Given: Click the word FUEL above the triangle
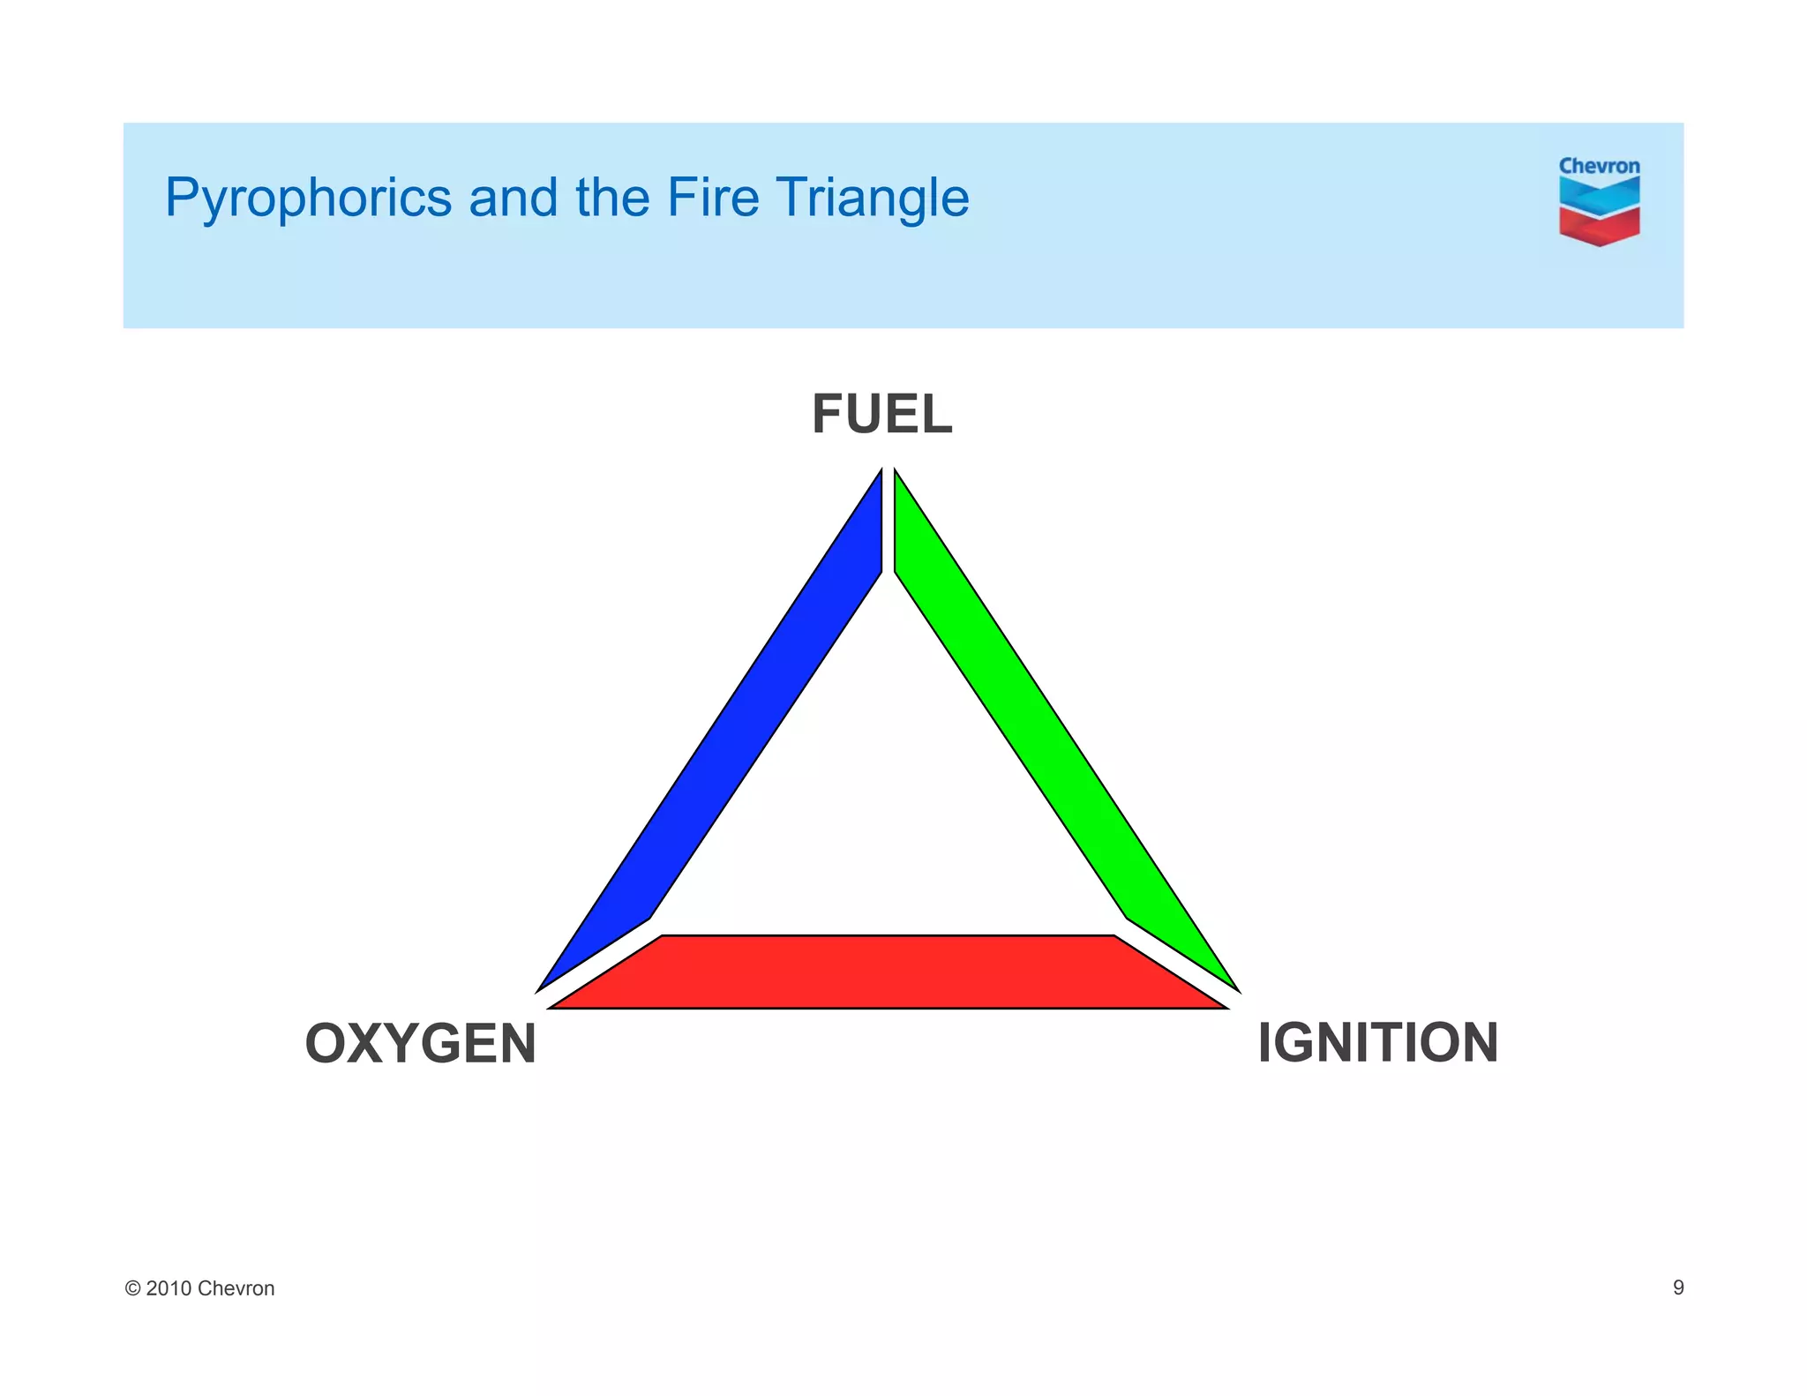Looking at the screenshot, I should click(x=881, y=415).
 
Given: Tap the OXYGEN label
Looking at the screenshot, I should click(x=420, y=1043).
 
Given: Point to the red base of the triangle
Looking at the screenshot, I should click(x=887, y=972).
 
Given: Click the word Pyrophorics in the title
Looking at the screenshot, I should click(x=308, y=198).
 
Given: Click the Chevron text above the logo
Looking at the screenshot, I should click(x=1599, y=166).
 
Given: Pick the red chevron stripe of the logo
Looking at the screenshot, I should click(x=1599, y=226).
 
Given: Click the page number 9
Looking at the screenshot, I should click(x=1678, y=1287).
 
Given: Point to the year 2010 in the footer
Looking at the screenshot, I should click(x=169, y=1288).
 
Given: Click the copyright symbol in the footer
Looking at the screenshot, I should click(x=132, y=1288).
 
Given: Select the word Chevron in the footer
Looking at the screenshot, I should click(x=236, y=1288).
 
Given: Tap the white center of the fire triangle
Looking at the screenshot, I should click(x=887, y=794).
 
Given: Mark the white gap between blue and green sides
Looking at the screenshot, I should click(x=888, y=521).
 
